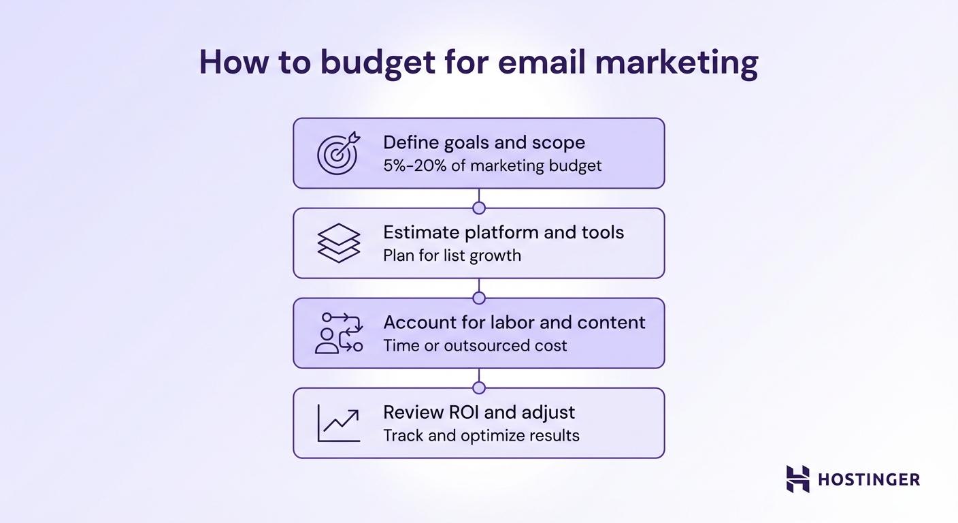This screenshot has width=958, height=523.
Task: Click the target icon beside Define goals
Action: (x=337, y=153)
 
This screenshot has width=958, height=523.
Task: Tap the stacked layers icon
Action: (x=338, y=243)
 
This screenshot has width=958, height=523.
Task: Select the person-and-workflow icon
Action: (x=338, y=333)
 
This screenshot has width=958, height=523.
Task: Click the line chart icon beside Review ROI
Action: (x=338, y=423)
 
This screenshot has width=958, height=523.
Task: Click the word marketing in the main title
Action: (x=676, y=63)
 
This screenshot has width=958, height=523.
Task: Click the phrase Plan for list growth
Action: (x=452, y=255)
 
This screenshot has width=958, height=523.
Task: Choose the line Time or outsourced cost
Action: (x=475, y=345)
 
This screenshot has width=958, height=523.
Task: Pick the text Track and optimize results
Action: (x=481, y=435)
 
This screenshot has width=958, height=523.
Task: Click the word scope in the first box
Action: (x=559, y=142)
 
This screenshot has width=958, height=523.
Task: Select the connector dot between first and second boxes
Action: (x=479, y=208)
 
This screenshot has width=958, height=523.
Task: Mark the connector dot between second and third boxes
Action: (x=479, y=298)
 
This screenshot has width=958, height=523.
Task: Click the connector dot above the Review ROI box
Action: (x=479, y=387)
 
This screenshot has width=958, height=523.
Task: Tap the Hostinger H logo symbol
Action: (x=798, y=479)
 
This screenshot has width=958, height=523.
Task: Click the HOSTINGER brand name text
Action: (x=868, y=479)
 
